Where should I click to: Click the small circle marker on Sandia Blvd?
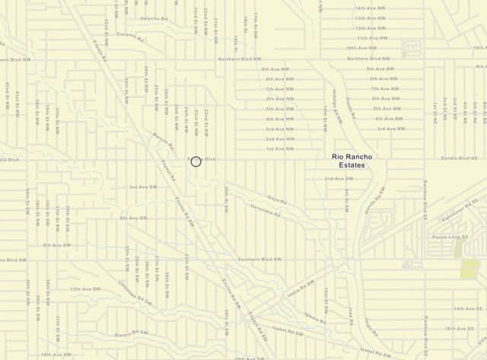pyautogui.click(x=196, y=161)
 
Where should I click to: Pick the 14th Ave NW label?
pyautogui.click(x=370, y=8)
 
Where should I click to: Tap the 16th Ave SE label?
pyautogui.click(x=459, y=329)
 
